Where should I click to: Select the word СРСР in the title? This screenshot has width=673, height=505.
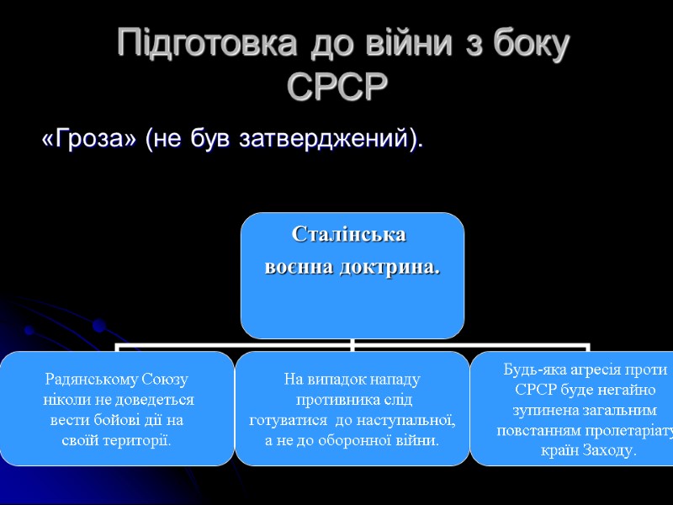pos(339,87)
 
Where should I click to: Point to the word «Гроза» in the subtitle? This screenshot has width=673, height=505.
pos(90,141)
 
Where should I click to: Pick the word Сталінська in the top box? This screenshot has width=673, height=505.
pos(348,234)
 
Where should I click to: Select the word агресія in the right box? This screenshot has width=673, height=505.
pos(597,369)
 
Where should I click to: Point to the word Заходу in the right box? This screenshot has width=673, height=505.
pos(609,451)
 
